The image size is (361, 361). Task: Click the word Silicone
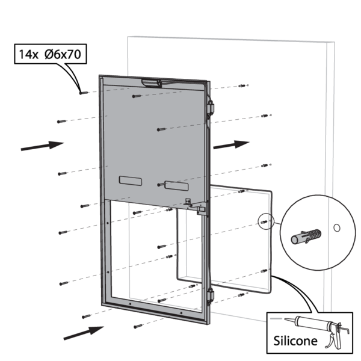point(295,341)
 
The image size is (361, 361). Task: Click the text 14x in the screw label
point(28,55)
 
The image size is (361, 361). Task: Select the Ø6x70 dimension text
point(63,55)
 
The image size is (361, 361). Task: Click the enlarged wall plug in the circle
point(306,236)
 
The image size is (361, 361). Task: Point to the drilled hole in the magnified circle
point(336,228)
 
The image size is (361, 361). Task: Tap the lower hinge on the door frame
point(211,296)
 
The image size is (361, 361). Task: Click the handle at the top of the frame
point(152,83)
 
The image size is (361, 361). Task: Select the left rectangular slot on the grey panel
point(131,181)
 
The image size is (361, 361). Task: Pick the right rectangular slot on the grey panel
point(176,186)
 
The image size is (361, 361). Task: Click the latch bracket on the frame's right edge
point(197,206)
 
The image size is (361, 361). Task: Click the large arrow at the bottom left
point(84,333)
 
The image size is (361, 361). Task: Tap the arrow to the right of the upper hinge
point(232,144)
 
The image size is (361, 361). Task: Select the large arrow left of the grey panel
point(42,146)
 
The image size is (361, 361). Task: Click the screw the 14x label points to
point(84,93)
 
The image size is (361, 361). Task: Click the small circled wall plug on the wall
point(264,222)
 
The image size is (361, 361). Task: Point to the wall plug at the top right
point(242,85)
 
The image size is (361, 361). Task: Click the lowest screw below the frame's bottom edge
point(138,326)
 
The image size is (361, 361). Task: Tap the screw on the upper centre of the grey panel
point(137,96)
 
